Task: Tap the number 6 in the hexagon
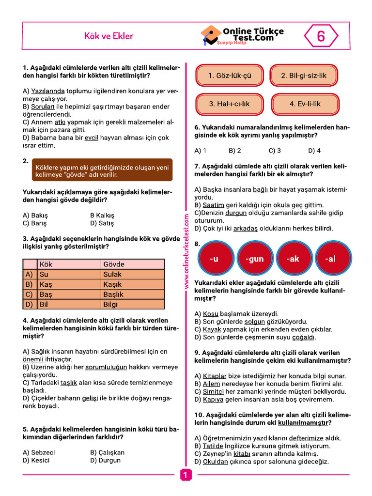point(321,36)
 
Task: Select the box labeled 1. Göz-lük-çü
point(230,76)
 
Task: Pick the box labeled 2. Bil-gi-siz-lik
point(304,76)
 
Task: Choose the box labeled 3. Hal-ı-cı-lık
point(230,104)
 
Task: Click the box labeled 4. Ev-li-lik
point(305,104)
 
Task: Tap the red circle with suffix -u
point(214,259)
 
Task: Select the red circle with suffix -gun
point(254,259)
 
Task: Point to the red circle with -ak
point(294,259)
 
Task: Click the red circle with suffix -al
point(331,259)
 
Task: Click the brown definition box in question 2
point(102,170)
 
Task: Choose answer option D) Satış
point(102,223)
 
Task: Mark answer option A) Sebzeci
point(39,452)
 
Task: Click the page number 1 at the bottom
point(185,476)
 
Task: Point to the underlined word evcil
point(91,138)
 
